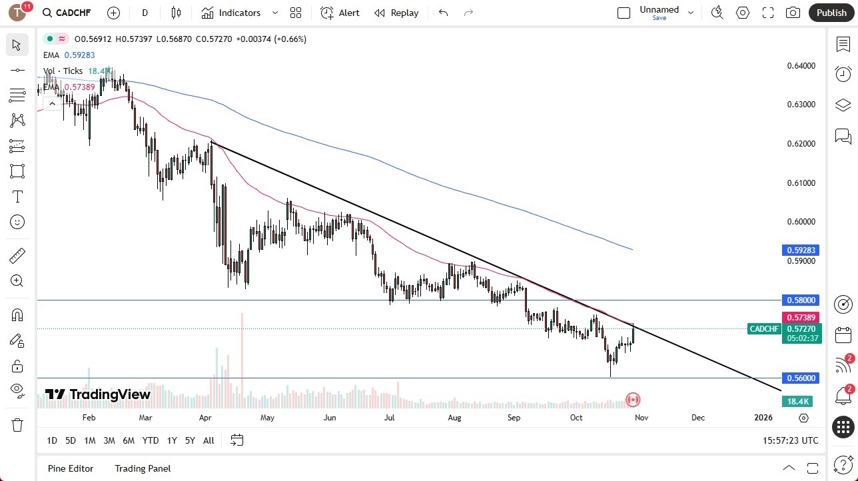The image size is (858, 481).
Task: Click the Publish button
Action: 831,13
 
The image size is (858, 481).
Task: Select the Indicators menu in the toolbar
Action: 239,13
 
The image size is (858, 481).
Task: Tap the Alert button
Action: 340,13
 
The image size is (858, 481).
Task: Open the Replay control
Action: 396,13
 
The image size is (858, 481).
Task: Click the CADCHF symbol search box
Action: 67,13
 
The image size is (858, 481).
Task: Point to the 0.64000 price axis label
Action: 801,66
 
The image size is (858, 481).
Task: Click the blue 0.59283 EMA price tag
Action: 801,250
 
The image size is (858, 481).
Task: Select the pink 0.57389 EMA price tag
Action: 801,318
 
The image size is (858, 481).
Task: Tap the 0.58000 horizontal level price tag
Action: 801,300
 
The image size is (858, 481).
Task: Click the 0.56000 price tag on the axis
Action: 801,378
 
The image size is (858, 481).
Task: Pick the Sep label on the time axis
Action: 514,418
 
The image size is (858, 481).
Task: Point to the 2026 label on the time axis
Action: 763,418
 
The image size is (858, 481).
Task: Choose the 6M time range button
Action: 129,440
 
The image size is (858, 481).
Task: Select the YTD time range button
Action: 151,440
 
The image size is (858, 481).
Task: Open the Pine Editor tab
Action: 71,468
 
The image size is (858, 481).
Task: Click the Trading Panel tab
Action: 143,468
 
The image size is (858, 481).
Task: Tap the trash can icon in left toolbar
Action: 17,425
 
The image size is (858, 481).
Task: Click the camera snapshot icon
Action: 793,13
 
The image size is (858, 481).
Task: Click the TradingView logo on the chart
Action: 98,394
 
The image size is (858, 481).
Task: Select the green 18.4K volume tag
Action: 797,401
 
